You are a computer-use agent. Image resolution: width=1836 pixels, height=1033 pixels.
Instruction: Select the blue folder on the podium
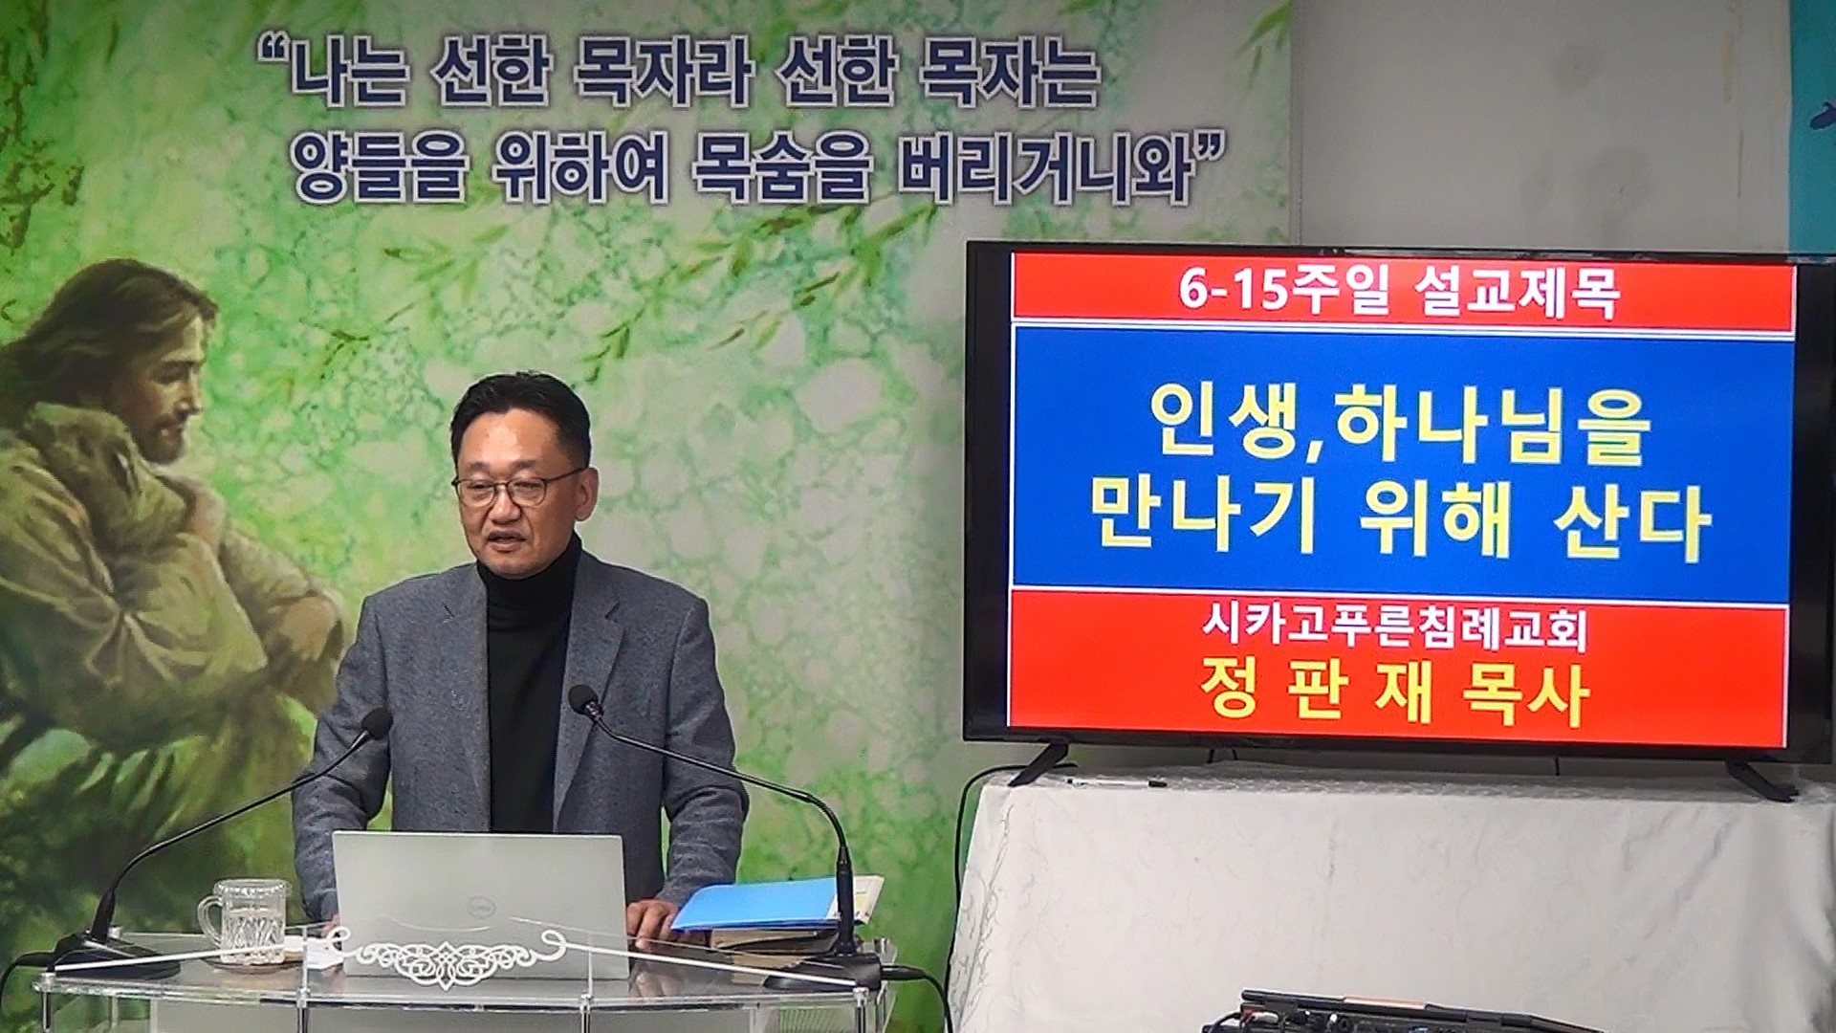[x=755, y=904]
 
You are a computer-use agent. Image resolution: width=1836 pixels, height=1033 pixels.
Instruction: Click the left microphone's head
[x=374, y=724]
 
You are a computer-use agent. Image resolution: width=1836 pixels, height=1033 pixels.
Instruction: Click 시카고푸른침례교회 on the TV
[x=1394, y=629]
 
